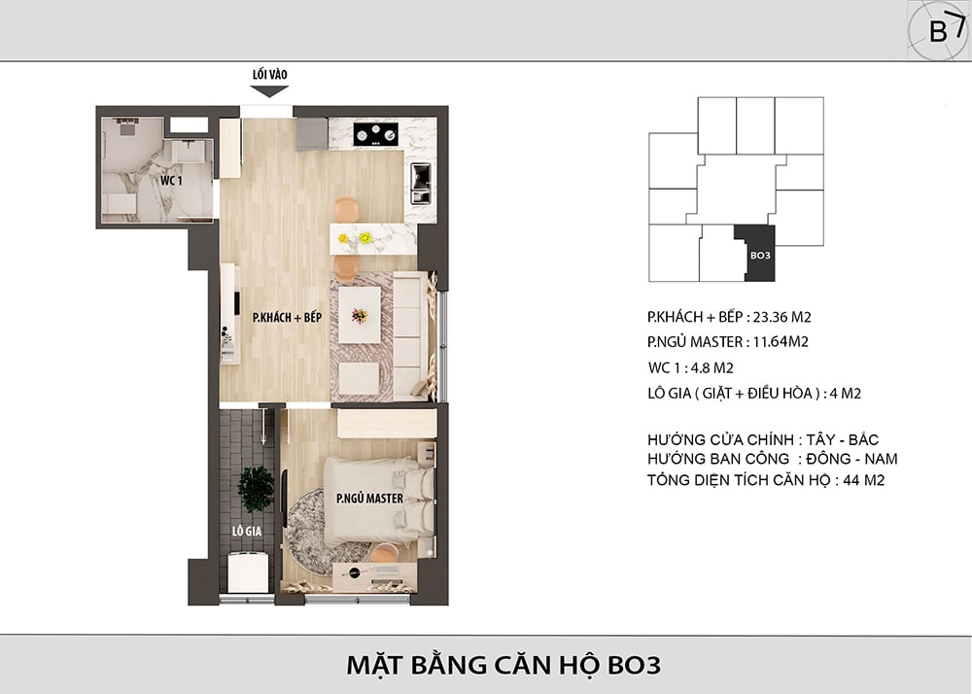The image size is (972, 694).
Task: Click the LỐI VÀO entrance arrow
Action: tap(269, 91)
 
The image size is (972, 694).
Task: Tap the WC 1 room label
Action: tap(171, 181)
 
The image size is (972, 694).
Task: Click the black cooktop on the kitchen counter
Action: tap(375, 134)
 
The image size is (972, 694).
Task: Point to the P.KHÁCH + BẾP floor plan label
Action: tap(287, 317)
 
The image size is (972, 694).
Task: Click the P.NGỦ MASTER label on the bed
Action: tap(369, 499)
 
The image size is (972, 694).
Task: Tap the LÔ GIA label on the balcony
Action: tap(247, 531)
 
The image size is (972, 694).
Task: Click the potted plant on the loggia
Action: tap(256, 489)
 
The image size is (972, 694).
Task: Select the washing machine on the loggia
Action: tap(248, 572)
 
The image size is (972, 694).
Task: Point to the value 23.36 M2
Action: tap(781, 317)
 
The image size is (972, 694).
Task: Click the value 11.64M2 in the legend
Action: tap(781, 342)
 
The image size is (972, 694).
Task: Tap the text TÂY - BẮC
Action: tap(843, 439)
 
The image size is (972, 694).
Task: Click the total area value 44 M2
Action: tap(863, 480)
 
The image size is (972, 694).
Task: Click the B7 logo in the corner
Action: tap(939, 30)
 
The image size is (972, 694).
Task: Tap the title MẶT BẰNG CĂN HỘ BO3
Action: tap(503, 666)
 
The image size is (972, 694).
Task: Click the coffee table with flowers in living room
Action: tap(360, 315)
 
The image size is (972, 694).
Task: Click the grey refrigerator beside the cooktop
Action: tap(312, 134)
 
